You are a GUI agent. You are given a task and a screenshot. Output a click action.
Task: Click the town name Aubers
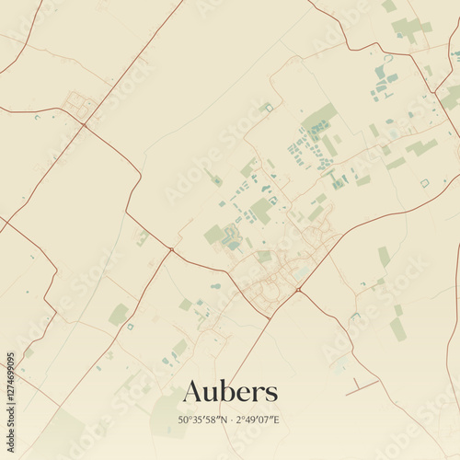point(229,391)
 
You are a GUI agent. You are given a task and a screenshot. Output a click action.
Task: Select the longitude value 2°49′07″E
point(259,420)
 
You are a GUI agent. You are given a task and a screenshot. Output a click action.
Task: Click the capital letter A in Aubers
point(193,391)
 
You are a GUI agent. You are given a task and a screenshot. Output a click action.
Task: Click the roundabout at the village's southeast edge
point(298,291)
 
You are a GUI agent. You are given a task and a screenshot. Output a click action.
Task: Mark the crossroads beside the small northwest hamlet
point(84,123)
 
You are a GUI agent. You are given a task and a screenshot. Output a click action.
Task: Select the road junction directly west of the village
point(171,249)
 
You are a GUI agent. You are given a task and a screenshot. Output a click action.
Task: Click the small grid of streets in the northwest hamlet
point(76,103)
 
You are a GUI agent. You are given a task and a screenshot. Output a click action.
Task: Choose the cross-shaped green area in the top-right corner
point(408,28)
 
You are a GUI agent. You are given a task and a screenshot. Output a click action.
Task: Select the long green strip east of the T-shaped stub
point(397,327)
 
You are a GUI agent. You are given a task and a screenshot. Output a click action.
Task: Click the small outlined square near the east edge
point(424,183)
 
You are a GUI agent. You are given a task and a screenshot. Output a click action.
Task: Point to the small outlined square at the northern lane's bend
point(269,108)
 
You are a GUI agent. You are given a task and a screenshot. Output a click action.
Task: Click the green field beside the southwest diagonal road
point(119,315)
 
